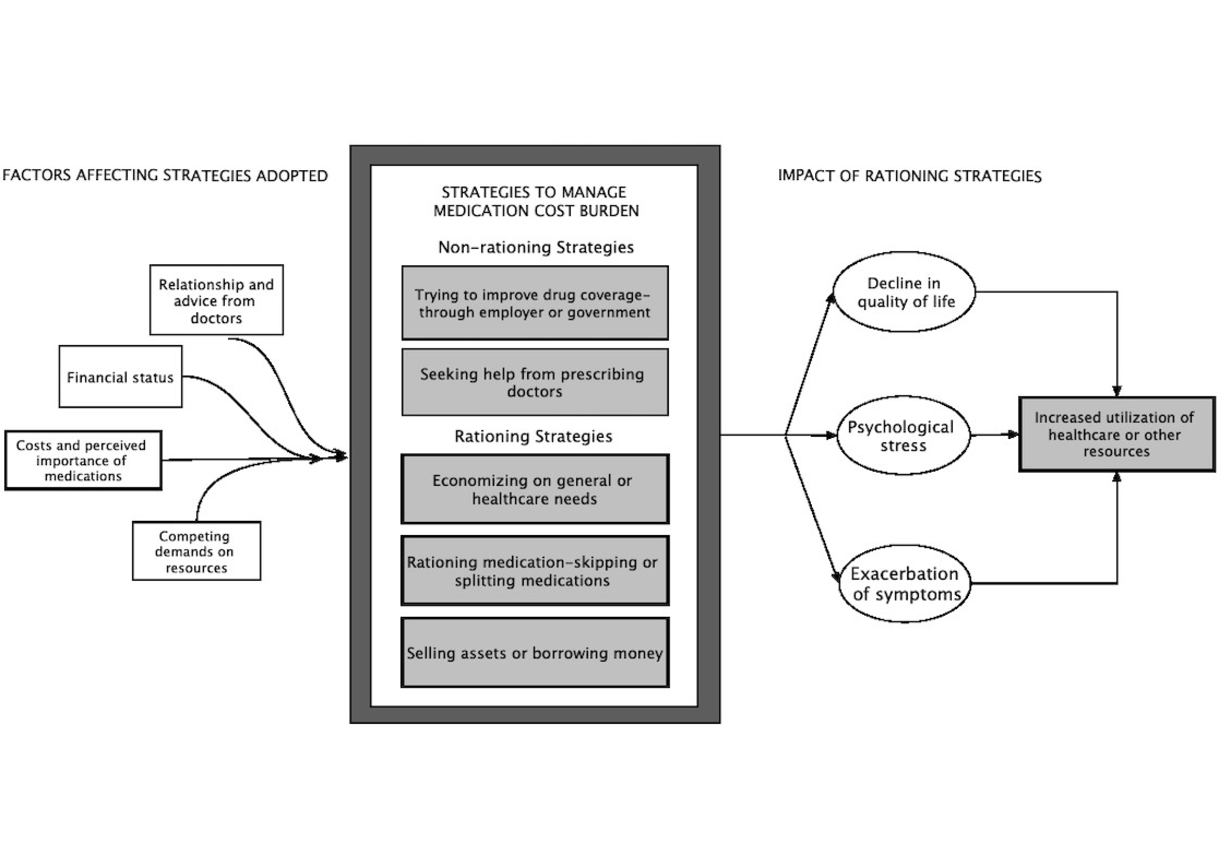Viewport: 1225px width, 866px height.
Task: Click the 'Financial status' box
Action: pos(120,377)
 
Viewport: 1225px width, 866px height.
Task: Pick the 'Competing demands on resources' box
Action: pos(196,551)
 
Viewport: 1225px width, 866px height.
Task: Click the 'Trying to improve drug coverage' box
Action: pos(535,303)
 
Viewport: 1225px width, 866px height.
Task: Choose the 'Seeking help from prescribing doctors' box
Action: pos(535,382)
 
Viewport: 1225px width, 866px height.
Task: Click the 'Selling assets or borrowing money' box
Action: pos(535,653)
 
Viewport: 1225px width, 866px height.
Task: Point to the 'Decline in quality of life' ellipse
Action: pos(904,292)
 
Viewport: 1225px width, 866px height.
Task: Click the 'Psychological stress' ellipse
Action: pos(903,435)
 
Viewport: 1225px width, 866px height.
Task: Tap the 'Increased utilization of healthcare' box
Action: pos(1116,434)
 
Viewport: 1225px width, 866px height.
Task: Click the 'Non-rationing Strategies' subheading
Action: pos(536,247)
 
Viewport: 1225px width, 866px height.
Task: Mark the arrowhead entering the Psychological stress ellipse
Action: pos(831,435)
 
